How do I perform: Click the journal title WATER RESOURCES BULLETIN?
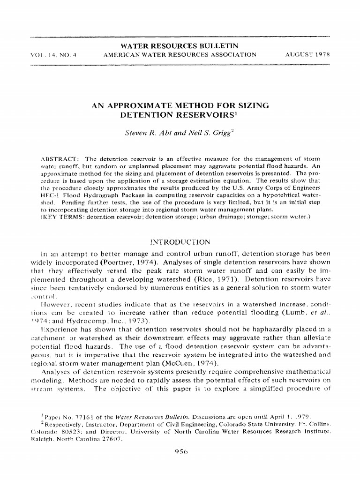coord(180,45)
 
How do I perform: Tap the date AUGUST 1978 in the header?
coord(308,54)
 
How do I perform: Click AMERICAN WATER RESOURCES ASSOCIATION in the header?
coord(180,54)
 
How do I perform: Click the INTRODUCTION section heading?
coord(179,242)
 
